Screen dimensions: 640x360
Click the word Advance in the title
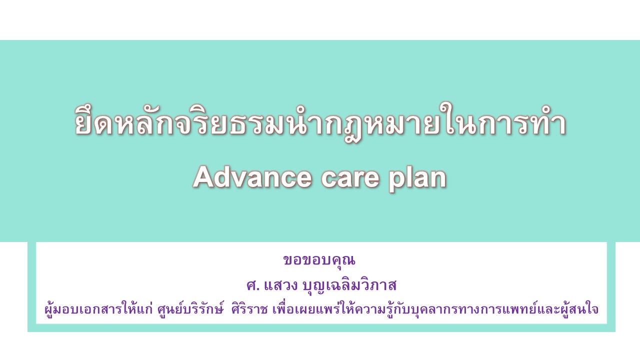click(x=252, y=177)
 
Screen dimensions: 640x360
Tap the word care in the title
click(x=350, y=178)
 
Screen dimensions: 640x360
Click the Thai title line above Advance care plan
click(x=320, y=122)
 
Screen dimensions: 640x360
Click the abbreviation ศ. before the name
click(x=253, y=285)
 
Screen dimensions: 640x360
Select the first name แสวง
click(x=281, y=285)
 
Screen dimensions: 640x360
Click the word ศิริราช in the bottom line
click(x=249, y=309)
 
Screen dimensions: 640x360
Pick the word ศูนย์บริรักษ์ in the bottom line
click(x=190, y=309)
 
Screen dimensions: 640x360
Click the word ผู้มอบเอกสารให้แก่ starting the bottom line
click(x=99, y=309)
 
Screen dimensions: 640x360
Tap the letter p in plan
click(x=395, y=182)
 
